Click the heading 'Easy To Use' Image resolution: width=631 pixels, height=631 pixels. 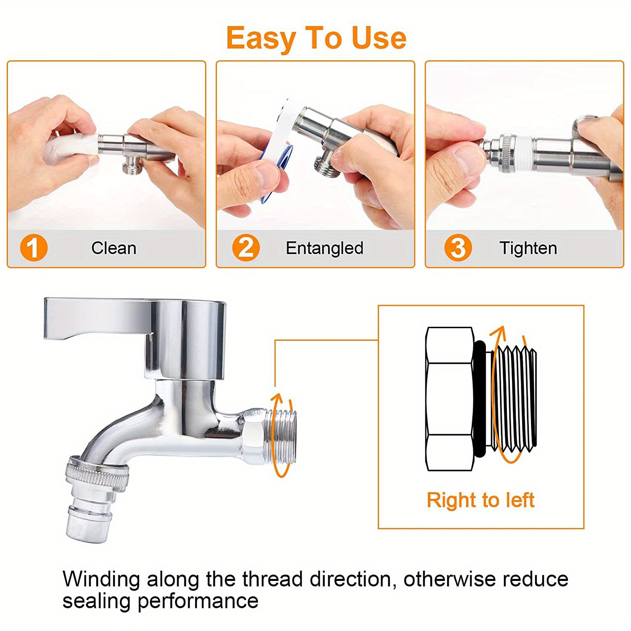(x=316, y=38)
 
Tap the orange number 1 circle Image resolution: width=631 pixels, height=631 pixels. (x=34, y=248)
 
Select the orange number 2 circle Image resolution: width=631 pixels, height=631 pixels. (x=246, y=248)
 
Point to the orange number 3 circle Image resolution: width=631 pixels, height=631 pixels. (x=458, y=248)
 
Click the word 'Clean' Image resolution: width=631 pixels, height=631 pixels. (x=114, y=248)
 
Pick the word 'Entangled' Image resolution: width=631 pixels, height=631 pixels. (x=325, y=248)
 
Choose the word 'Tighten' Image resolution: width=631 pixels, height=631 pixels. (x=528, y=248)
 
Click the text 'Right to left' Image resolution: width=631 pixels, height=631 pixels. (x=480, y=500)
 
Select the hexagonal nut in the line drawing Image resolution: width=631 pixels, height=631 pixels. (x=450, y=399)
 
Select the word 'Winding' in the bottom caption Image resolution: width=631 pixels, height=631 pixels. (x=101, y=580)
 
